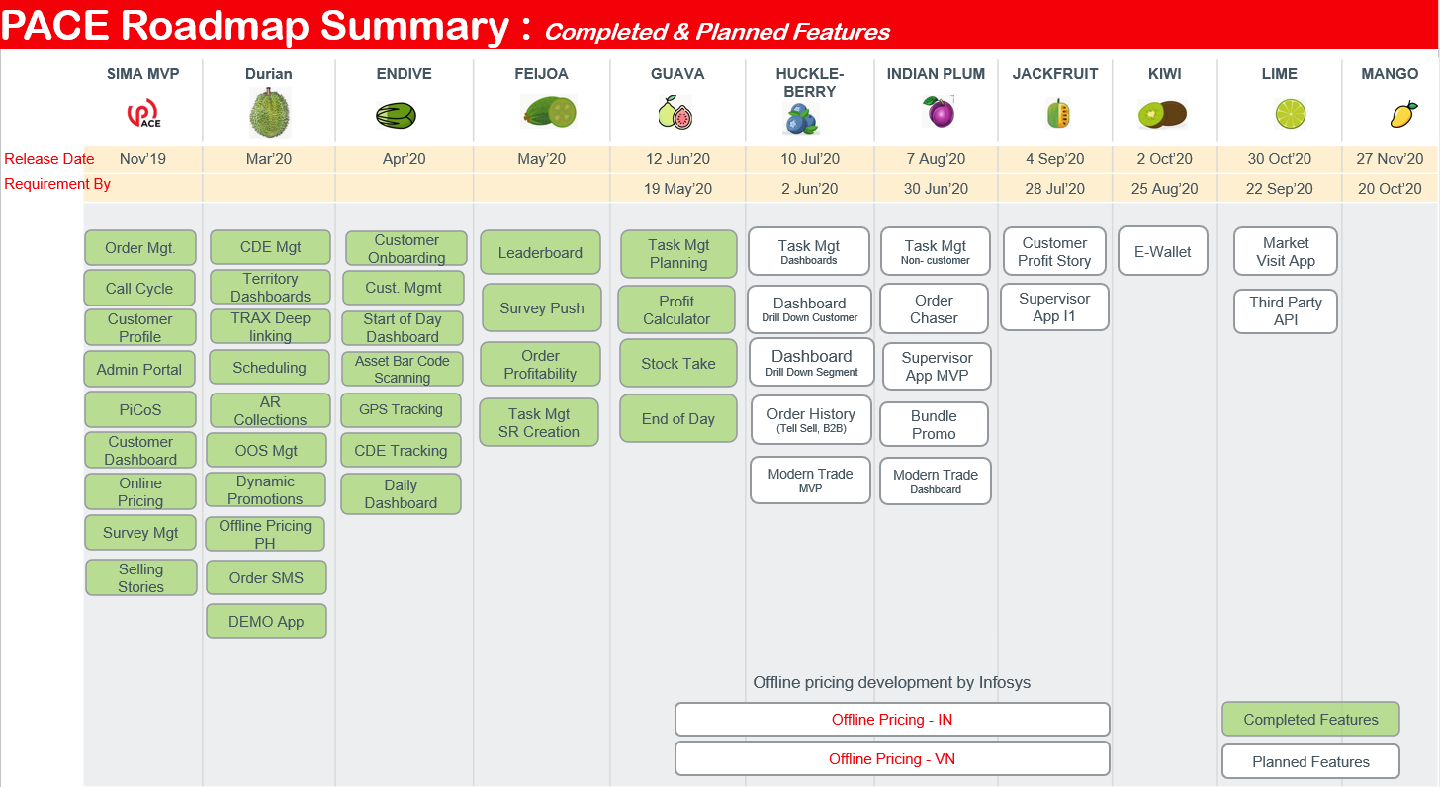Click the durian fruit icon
[269, 113]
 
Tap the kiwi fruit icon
[1163, 115]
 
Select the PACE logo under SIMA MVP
[143, 115]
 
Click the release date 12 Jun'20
[677, 159]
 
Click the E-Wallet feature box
[1163, 252]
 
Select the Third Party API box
[1285, 311]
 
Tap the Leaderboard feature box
[540, 253]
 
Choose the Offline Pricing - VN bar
[891, 759]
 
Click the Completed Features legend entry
[1310, 720]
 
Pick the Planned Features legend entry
[1310, 762]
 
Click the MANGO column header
[1390, 74]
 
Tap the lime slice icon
[1290, 114]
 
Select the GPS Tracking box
[401, 409]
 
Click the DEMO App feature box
[266, 622]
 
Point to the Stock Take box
[677, 364]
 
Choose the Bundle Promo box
[934, 425]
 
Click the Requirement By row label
[57, 184]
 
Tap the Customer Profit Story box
[1054, 252]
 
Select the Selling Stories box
[141, 578]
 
